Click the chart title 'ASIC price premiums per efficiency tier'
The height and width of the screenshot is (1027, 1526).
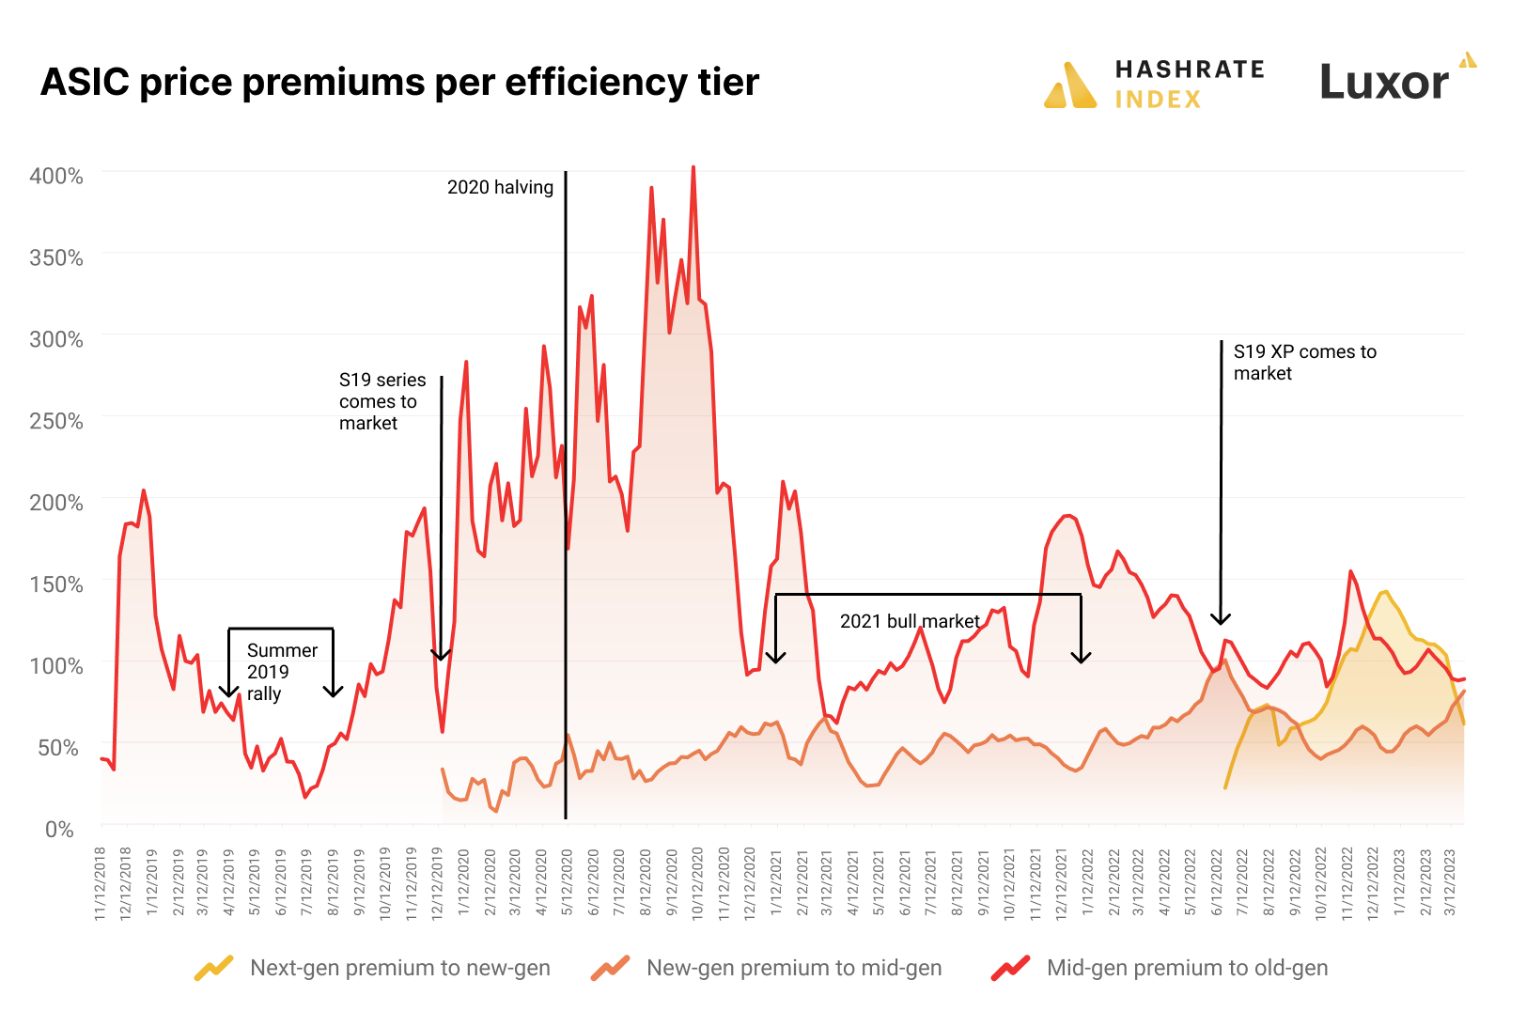(399, 83)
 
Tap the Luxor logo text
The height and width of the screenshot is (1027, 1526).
(1383, 83)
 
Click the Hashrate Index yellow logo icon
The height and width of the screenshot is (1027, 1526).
(1070, 86)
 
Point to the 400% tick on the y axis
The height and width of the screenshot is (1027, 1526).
(56, 176)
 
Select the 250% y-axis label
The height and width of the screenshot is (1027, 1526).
(56, 421)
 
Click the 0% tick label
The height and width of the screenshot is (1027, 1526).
(59, 830)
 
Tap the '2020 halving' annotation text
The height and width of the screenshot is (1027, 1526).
(500, 187)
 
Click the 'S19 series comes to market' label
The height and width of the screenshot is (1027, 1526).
(381, 401)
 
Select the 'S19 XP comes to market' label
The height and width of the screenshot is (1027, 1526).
(1304, 362)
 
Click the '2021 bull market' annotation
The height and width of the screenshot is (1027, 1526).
(910, 621)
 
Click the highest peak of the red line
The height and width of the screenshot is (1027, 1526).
(693, 168)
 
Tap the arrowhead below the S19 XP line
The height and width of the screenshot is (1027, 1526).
(1221, 618)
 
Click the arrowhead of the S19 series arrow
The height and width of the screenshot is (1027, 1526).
(441, 654)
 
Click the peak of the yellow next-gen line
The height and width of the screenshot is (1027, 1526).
(1385, 592)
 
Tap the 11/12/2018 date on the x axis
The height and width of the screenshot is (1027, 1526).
(101, 883)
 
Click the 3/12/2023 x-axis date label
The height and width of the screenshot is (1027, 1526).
(1450, 883)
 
